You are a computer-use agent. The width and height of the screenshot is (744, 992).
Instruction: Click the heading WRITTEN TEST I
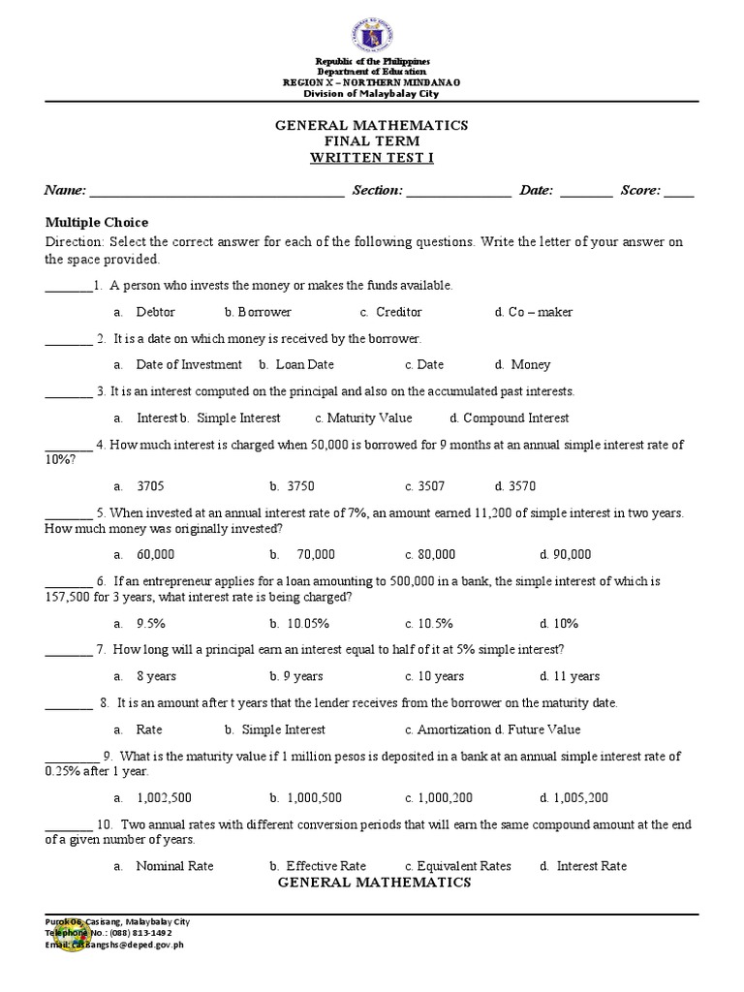(x=371, y=157)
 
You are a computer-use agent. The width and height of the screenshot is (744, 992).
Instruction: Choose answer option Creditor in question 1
(x=398, y=312)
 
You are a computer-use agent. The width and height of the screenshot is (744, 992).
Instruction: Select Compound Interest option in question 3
(x=515, y=418)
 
